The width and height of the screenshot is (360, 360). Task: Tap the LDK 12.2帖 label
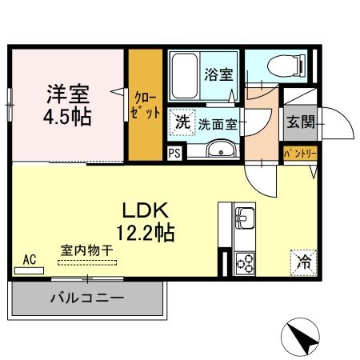(148, 223)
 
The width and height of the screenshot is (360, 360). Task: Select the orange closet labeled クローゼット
(146, 104)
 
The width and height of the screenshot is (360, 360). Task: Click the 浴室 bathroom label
(218, 75)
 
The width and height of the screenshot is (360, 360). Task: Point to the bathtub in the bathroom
(185, 77)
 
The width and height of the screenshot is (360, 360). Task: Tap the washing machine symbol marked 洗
(182, 122)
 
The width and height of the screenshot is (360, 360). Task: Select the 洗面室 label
(215, 123)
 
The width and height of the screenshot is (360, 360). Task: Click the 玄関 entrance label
(300, 122)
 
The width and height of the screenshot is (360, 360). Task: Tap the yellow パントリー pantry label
(300, 152)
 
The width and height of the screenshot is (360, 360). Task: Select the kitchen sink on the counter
(243, 216)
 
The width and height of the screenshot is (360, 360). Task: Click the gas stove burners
(243, 262)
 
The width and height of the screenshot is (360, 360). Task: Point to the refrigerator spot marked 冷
(303, 261)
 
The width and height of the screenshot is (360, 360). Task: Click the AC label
(30, 259)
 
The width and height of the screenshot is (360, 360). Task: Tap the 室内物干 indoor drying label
(87, 250)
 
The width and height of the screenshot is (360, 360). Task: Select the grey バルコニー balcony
(87, 299)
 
